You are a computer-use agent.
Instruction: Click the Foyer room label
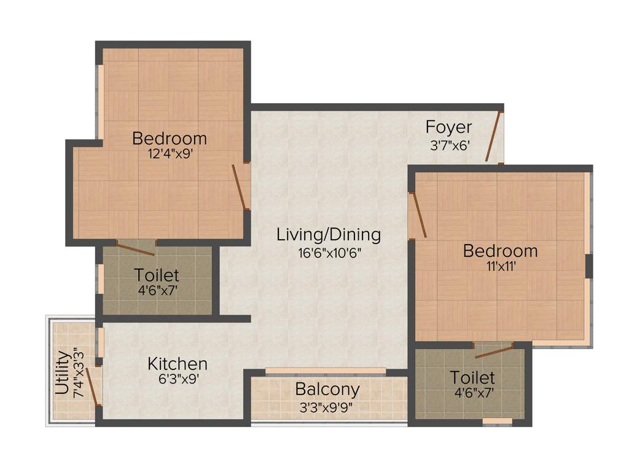(x=448, y=127)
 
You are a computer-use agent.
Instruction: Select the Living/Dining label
(x=329, y=234)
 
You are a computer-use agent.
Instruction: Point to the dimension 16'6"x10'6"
(x=329, y=253)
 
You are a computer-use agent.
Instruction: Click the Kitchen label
(x=177, y=363)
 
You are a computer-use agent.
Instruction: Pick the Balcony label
(x=327, y=389)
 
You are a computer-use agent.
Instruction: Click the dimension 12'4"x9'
(x=170, y=155)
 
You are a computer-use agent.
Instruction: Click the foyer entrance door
(x=494, y=136)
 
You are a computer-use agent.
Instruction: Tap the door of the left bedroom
(x=239, y=187)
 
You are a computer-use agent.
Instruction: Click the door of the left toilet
(x=136, y=249)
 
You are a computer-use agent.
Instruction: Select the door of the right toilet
(x=494, y=351)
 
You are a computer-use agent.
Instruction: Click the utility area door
(x=92, y=387)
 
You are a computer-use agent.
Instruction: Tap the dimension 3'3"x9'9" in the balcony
(x=327, y=407)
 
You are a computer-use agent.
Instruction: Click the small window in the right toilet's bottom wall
(x=497, y=422)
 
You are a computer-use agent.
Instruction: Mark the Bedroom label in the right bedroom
(x=500, y=251)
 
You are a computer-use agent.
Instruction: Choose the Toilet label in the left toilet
(x=157, y=275)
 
